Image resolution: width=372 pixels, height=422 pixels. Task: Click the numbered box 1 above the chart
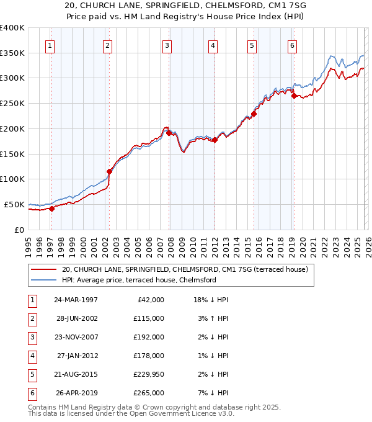tap(50, 45)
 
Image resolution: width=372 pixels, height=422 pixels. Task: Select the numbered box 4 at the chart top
tap(213, 45)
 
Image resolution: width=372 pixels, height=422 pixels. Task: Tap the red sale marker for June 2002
tap(110, 171)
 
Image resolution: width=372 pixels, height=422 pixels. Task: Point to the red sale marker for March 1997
tap(52, 209)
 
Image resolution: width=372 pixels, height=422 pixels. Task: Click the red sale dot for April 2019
tap(294, 96)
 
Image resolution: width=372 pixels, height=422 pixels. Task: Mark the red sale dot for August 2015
tap(254, 114)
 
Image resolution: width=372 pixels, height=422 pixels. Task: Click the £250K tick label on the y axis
tap(12, 103)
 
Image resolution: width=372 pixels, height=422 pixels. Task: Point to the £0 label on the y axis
tap(19, 230)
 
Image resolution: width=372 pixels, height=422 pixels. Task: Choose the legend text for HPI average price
tap(138, 280)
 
